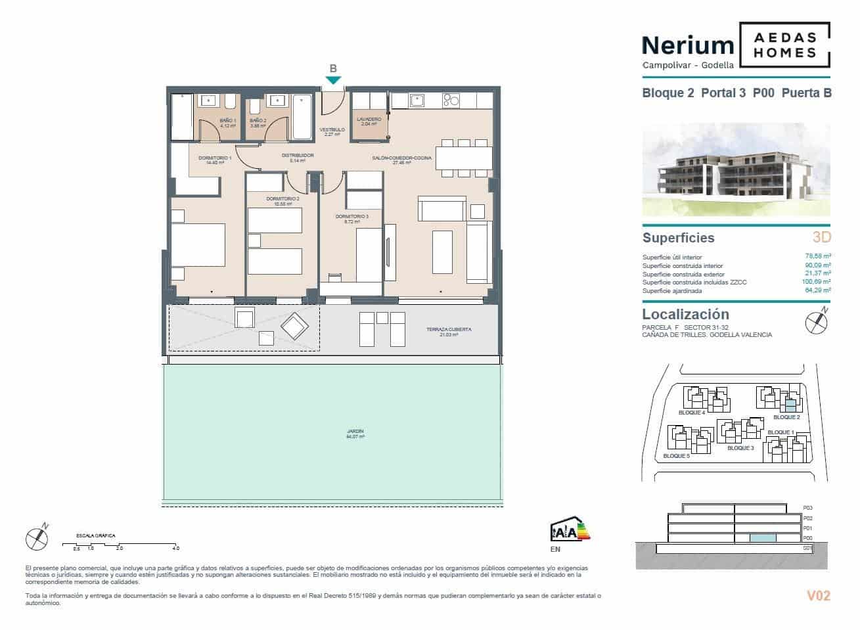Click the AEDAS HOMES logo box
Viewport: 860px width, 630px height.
coord(784,45)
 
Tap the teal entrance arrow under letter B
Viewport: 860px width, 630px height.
coord(333,80)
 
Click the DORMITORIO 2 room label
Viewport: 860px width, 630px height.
coord(283,200)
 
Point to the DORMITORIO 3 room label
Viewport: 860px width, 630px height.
coord(351,218)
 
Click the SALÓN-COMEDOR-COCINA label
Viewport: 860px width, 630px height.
coord(401,158)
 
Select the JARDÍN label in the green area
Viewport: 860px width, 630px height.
coord(355,434)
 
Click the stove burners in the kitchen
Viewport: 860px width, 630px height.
coord(451,101)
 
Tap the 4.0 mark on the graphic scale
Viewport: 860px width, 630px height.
coord(175,548)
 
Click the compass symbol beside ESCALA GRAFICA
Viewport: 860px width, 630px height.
coord(37,538)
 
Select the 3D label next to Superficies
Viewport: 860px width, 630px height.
coord(821,237)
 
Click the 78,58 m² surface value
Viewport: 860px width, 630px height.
coord(818,257)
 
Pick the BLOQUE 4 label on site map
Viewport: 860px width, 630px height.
coord(691,413)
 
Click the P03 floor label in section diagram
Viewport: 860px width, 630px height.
coord(808,508)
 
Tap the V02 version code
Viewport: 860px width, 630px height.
coord(818,596)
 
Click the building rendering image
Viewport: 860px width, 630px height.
coord(736,169)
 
